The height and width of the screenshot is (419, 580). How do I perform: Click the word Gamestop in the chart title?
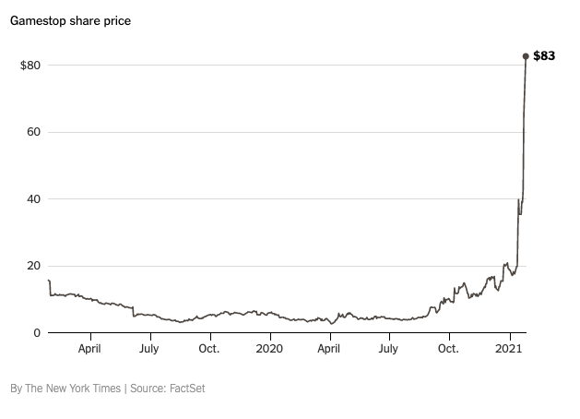(x=40, y=21)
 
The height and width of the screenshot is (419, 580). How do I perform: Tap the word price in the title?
(x=115, y=21)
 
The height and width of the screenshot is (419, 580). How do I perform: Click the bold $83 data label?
(x=544, y=56)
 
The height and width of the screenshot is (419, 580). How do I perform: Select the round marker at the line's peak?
(x=526, y=56)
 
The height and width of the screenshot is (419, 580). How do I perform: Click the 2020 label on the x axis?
(x=269, y=349)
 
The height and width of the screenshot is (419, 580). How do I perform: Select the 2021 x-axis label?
(x=509, y=349)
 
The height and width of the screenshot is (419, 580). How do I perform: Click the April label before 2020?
(x=89, y=349)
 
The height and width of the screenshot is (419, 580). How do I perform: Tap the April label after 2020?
(x=330, y=349)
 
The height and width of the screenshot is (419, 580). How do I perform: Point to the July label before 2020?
(x=149, y=349)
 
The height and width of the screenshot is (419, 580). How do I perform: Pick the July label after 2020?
(x=389, y=349)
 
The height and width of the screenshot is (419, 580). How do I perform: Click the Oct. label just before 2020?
(x=209, y=349)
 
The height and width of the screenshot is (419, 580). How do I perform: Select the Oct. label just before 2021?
(x=449, y=349)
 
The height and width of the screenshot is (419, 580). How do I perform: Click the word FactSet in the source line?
(x=186, y=389)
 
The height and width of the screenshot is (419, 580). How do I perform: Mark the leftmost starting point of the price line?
(x=48, y=281)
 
